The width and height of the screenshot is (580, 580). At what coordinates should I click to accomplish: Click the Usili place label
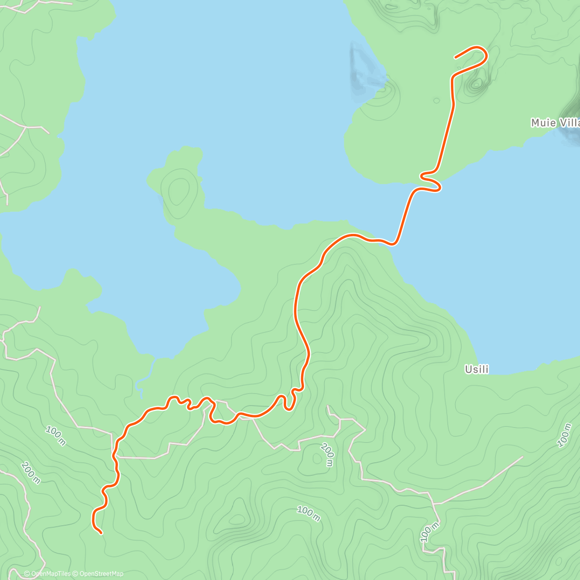click(x=477, y=370)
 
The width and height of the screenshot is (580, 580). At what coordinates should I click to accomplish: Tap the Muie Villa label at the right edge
click(x=555, y=123)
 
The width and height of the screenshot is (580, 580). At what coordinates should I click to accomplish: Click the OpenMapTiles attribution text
click(x=47, y=574)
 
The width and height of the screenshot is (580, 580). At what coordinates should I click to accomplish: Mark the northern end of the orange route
click(x=456, y=58)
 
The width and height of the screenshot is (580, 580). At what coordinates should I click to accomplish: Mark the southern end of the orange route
click(x=101, y=533)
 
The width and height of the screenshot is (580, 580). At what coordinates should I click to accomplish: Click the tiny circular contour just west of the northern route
click(x=436, y=101)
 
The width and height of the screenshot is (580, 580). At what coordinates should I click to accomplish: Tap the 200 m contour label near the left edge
click(x=30, y=472)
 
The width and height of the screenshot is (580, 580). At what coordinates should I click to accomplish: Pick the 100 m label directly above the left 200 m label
click(x=56, y=435)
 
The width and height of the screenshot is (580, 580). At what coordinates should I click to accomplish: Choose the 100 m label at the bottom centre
click(x=308, y=514)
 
